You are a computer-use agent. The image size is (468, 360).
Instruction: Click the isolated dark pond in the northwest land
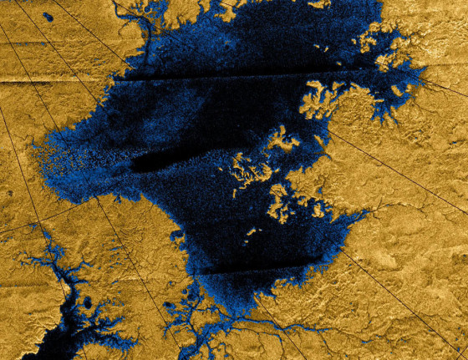click(47, 17)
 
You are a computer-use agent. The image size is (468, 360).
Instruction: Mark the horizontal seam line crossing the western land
click(50, 79)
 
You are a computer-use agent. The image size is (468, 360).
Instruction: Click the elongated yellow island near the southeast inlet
click(279, 205)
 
